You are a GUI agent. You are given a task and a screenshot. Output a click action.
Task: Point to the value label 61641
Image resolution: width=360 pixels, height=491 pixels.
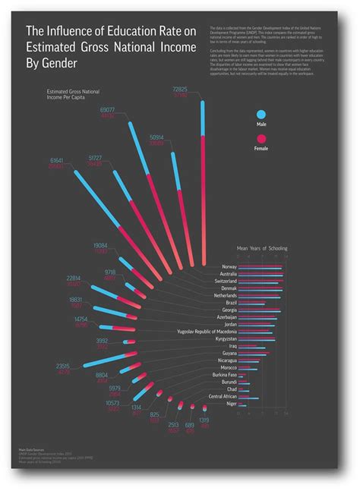pos(57,161)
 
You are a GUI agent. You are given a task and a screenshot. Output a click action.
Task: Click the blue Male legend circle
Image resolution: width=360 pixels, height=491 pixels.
pos(261,115)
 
